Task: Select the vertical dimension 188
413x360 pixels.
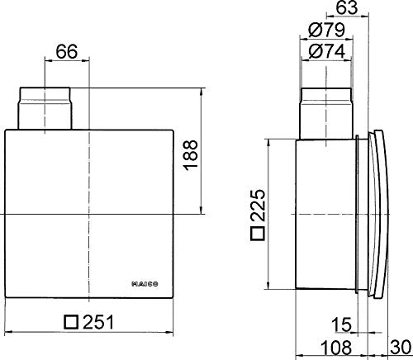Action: click(x=192, y=153)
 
